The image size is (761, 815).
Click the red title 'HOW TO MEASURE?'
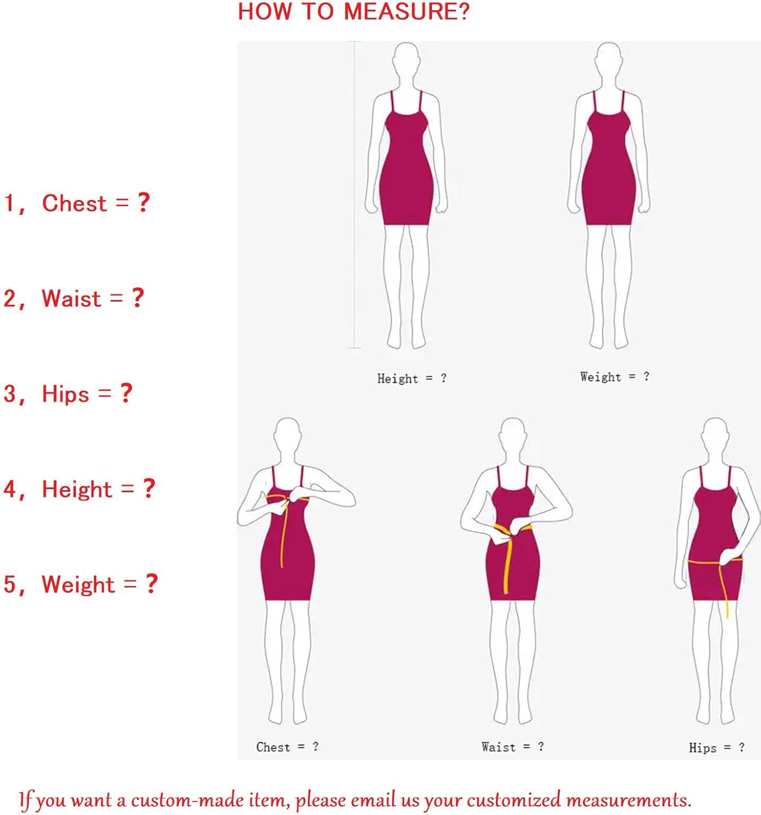tap(354, 11)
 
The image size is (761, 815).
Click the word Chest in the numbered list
tap(74, 203)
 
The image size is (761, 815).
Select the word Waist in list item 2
tap(71, 298)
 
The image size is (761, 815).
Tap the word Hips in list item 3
tap(65, 394)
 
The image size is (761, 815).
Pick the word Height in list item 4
tap(77, 490)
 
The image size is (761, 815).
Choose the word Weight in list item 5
tap(78, 585)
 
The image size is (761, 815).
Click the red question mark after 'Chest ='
tap(143, 203)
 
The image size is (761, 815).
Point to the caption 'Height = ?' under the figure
tap(412, 378)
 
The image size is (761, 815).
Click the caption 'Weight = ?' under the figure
tap(614, 377)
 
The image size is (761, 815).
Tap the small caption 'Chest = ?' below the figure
tap(287, 747)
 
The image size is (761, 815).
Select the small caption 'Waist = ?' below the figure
tap(513, 747)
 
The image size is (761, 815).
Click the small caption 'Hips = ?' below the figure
tap(716, 748)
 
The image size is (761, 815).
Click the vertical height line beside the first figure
tap(354, 195)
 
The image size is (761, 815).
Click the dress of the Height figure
tap(406, 168)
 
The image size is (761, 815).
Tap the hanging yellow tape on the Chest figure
tap(283, 534)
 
